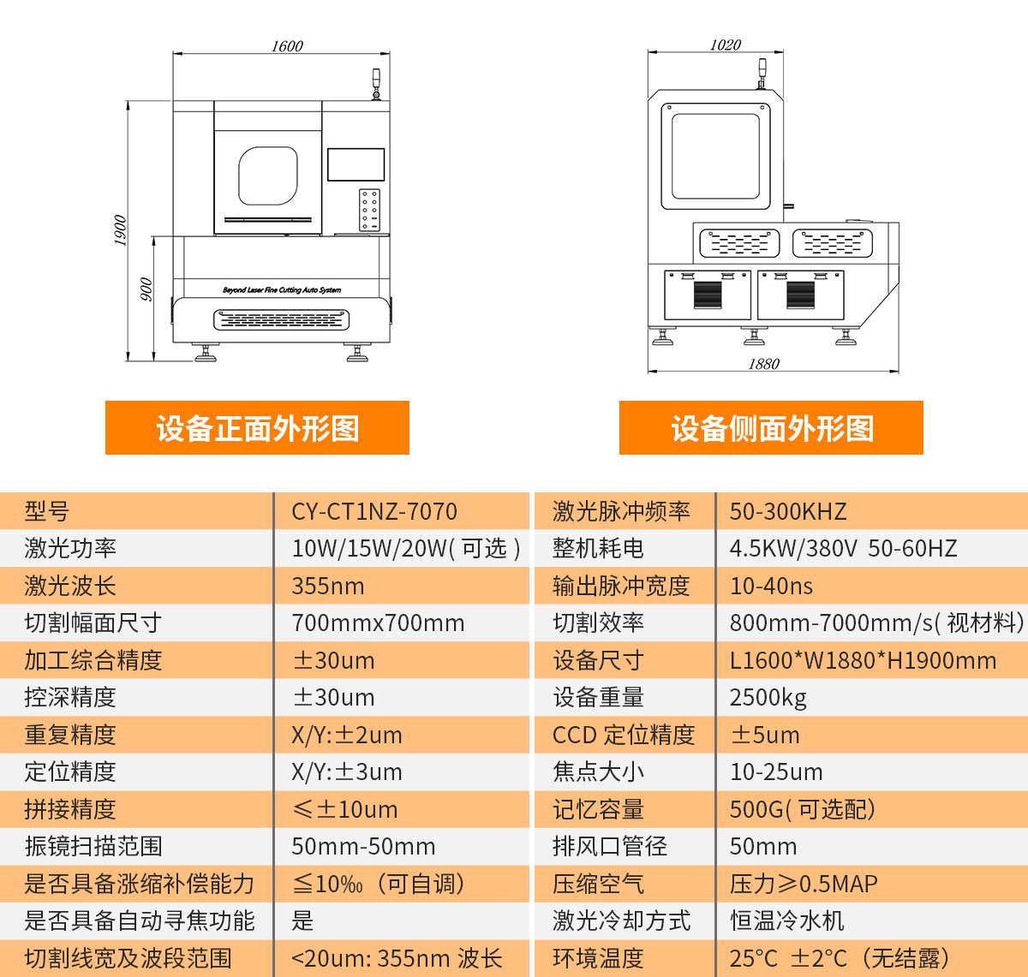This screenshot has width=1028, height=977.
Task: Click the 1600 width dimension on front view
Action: (287, 46)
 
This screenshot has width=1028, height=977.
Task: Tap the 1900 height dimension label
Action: (120, 230)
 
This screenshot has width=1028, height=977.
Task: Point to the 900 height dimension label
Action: (146, 289)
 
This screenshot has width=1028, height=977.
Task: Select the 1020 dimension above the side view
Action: (725, 45)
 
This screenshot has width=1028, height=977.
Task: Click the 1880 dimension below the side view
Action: (763, 364)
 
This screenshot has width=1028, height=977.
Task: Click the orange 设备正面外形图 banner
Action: (257, 428)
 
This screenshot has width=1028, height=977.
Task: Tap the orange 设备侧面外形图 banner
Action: (771, 428)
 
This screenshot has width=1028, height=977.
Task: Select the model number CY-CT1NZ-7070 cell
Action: (374, 512)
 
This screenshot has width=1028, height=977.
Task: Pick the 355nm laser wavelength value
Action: (328, 587)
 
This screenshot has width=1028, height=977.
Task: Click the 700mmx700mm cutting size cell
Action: (378, 623)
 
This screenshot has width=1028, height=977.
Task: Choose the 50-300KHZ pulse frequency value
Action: (788, 512)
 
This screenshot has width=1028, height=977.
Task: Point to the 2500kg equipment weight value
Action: (768, 698)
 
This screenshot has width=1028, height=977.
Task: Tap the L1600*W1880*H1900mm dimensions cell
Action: (863, 661)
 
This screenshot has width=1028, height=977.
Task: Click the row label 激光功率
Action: (70, 549)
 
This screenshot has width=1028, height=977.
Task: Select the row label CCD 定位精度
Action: (624, 735)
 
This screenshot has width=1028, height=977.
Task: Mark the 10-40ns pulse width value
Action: (771, 587)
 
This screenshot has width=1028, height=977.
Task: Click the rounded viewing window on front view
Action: (268, 176)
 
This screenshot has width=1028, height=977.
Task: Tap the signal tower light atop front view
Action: (374, 84)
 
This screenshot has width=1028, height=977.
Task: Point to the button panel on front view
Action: (369, 209)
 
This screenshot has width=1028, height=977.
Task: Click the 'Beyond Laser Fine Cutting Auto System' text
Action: (282, 290)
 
